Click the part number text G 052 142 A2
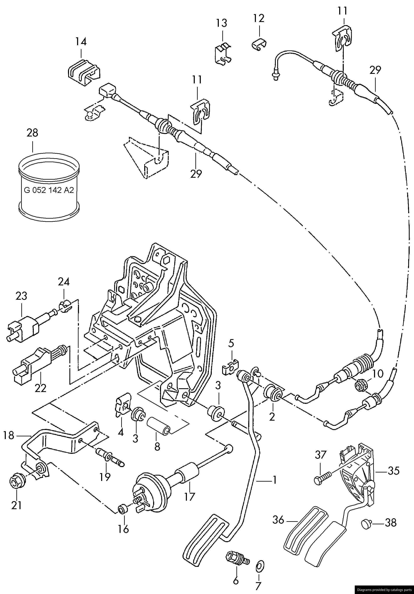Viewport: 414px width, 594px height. pyautogui.click(x=49, y=190)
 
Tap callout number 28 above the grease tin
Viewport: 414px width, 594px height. pyautogui.click(x=32, y=133)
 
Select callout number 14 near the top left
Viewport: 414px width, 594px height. pyautogui.click(x=81, y=42)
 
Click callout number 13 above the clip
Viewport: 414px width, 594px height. pyautogui.click(x=222, y=23)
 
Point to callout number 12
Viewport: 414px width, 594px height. pyautogui.click(x=259, y=18)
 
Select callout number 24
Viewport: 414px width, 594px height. pyautogui.click(x=64, y=282)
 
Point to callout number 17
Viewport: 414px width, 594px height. pyautogui.click(x=189, y=497)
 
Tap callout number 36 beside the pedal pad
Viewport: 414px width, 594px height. pyautogui.click(x=278, y=520)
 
